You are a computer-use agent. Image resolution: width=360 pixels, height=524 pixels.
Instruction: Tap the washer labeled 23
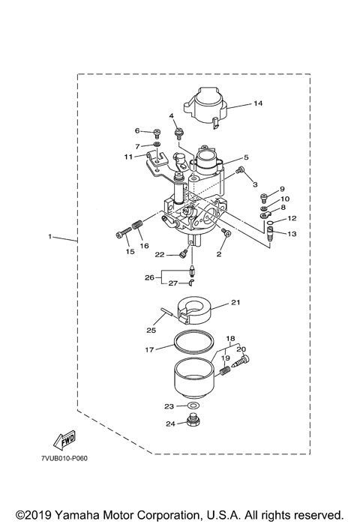coord(193,406)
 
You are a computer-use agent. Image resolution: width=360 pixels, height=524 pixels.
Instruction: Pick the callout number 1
coord(50,238)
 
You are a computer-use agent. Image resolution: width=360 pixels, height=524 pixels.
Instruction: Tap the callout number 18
coord(230,339)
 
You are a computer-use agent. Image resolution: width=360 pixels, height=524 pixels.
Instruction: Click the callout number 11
coord(129,156)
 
